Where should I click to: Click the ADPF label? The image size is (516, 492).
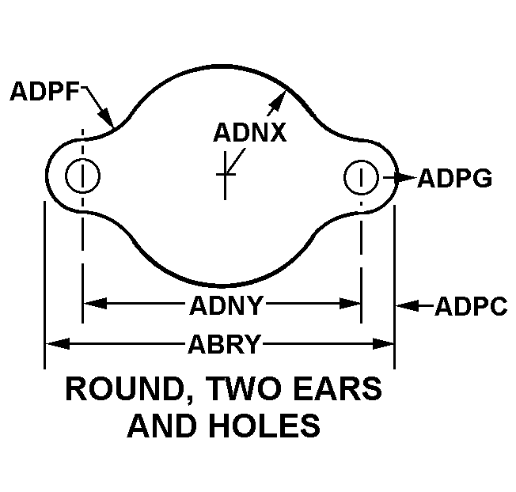coord(44,92)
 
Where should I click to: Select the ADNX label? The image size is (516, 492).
coord(249,132)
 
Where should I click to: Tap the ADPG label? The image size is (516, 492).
coord(454,178)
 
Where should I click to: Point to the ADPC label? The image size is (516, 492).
coord(471,306)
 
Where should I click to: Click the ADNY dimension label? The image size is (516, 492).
coord(226,303)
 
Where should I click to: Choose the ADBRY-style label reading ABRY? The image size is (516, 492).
coord(224,344)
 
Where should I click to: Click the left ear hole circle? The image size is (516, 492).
coord(82,176)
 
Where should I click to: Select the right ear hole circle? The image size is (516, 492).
coord(361,176)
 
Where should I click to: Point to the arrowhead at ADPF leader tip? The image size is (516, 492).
coord(111,121)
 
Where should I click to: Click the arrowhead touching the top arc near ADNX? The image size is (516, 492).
coord(279,97)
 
